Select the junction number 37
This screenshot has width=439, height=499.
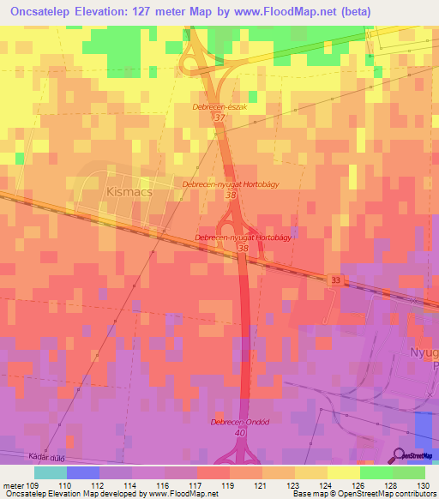click(x=219, y=117)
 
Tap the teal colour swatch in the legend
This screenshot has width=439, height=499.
click(x=51, y=472)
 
